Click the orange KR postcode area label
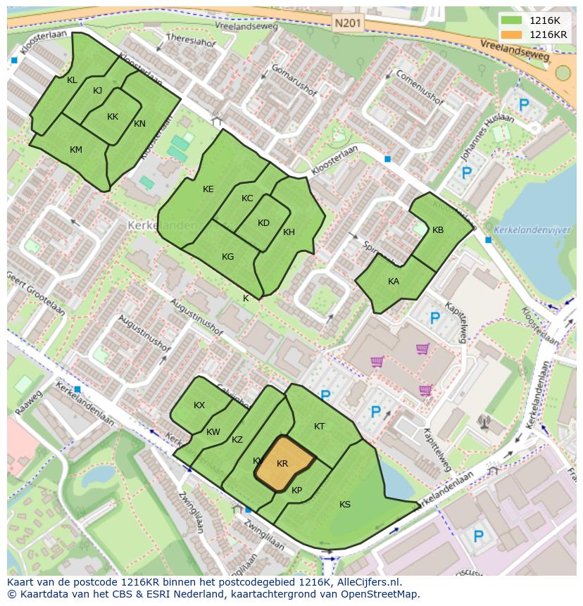coord(282,464)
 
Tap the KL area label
coord(72,80)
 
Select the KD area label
coord(263,223)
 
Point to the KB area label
coord(438,230)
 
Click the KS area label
coord(345,505)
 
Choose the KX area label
coord(199,405)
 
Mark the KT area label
coord(319,427)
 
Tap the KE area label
coord(208,189)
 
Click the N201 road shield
coord(346,23)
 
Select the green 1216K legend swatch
coord(513,20)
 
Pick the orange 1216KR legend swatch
coord(513,34)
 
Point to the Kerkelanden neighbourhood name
coord(152,225)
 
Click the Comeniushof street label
coord(419,87)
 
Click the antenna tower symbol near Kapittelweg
coord(484,422)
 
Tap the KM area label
coord(76,150)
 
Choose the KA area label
coord(394,281)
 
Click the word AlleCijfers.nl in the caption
coord(366,583)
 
